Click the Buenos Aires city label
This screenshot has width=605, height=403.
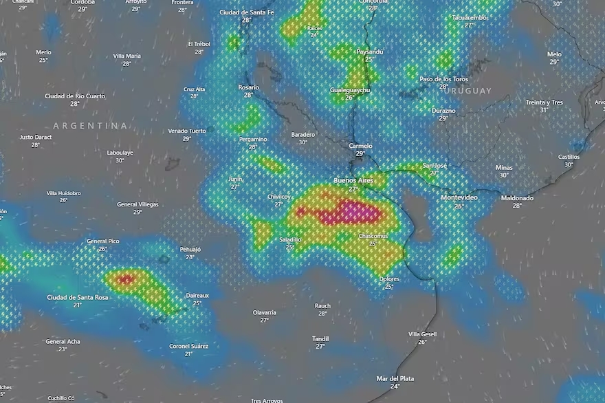tap(354, 180)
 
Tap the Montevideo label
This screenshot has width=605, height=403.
tap(459, 197)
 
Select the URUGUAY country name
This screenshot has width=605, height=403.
tap(468, 91)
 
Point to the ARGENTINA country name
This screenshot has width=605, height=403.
tap(91, 126)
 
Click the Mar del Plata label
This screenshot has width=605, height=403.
tap(395, 378)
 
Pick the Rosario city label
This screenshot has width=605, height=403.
tap(248, 87)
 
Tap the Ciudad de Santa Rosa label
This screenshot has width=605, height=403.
tap(78, 297)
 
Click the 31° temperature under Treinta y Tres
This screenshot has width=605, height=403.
tap(544, 110)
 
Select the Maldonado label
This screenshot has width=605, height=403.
tap(517, 197)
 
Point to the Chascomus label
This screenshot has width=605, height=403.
tap(373, 236)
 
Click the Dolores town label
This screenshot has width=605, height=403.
tap(389, 279)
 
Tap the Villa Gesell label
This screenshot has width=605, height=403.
tap(423, 334)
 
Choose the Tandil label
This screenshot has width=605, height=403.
tap(320, 338)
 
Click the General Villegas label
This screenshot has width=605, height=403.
tap(137, 204)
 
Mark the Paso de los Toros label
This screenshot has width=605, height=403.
tap(443, 79)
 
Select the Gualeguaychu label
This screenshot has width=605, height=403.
tap(350, 90)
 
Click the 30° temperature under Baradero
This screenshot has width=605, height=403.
tap(303, 142)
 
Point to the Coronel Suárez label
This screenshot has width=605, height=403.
tap(188, 346)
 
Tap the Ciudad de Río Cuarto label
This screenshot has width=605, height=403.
tap(75, 96)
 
